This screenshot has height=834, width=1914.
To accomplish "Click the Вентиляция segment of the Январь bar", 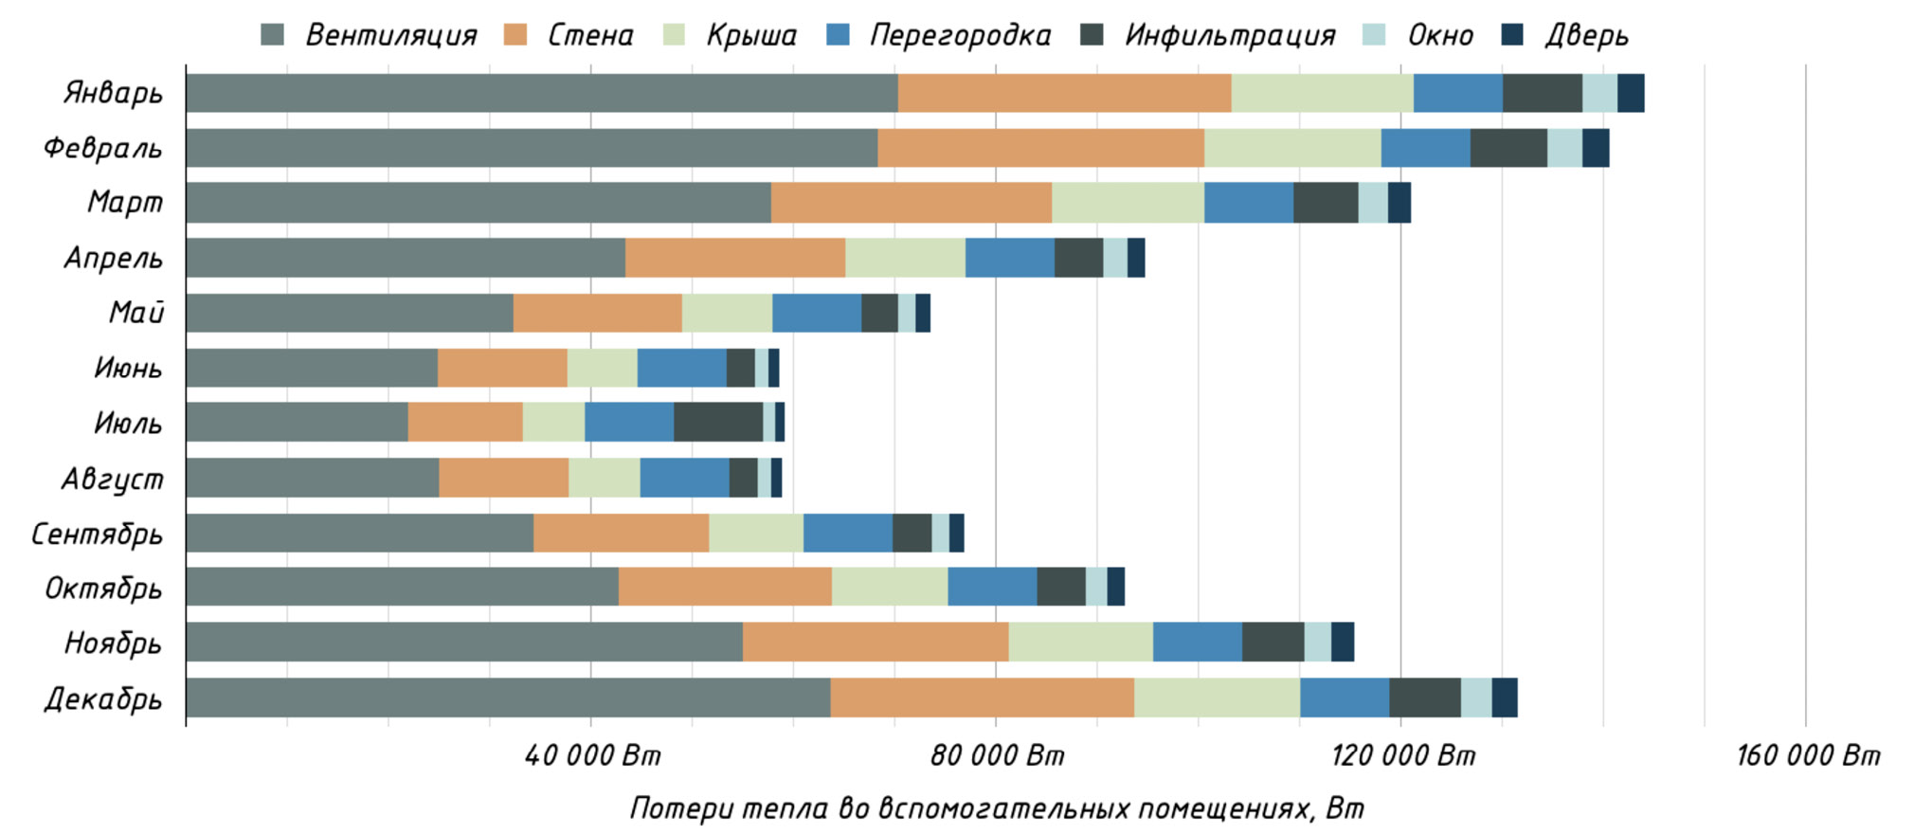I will [x=541, y=93].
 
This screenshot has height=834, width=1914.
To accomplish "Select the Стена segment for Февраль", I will [x=1040, y=148].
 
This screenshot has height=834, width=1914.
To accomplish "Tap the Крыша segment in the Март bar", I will [x=1128, y=203].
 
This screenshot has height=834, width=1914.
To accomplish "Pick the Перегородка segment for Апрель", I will [x=1009, y=258].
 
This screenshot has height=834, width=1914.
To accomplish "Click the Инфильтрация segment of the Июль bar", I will [x=718, y=422].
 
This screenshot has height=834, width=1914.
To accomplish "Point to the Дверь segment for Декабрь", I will [x=1504, y=698].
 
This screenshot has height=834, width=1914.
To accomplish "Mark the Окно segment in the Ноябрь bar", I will [x=1317, y=642].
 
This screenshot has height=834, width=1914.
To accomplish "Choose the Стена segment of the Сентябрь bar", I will [x=621, y=533].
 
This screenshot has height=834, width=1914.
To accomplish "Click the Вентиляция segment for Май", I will [x=349, y=313].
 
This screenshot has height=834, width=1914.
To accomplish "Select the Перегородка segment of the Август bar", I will [x=684, y=478].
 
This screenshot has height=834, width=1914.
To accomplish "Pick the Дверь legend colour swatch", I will [x=1513, y=35].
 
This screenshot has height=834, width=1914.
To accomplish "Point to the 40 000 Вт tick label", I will [x=592, y=755].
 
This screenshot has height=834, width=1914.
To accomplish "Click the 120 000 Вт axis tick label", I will [x=1402, y=755].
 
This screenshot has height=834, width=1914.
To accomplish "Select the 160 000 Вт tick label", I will [x=1807, y=755].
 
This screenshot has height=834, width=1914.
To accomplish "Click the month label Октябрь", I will [x=104, y=589].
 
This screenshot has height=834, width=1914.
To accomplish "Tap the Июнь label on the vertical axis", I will [x=128, y=368].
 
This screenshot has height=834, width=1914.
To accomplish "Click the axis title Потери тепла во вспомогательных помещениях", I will [x=996, y=808].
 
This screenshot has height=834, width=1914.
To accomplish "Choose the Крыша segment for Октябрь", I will [x=889, y=587].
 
